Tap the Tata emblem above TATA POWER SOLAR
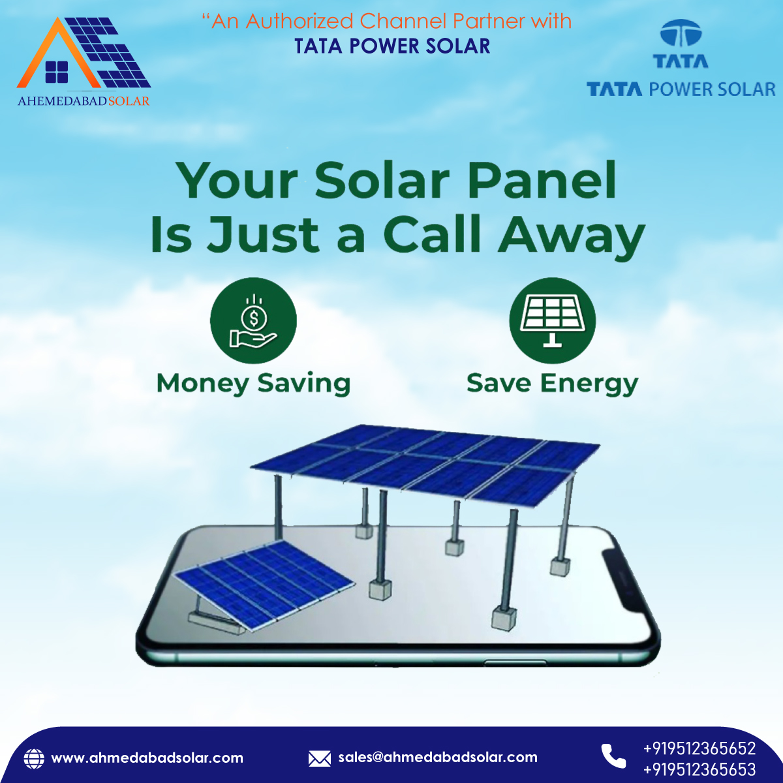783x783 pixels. click(681, 35)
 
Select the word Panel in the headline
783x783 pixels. click(542, 181)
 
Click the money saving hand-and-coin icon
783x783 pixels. click(253, 321)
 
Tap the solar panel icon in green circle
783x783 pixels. click(552, 321)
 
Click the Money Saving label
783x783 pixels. click(253, 383)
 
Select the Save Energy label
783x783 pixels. click(552, 383)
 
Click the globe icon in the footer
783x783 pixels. click(34, 758)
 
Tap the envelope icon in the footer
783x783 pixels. click(319, 758)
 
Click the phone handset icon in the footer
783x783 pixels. click(613, 756)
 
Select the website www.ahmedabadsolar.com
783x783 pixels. click(147, 758)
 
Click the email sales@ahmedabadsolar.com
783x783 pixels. click(438, 758)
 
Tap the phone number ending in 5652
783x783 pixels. click(699, 748)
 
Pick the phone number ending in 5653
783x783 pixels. click(699, 770)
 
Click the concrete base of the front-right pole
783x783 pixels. click(504, 617)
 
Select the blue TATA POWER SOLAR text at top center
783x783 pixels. click(392, 46)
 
